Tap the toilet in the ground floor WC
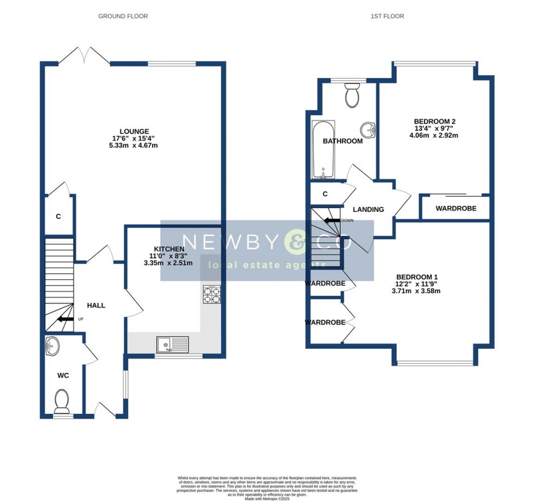click(62, 400)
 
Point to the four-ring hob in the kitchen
click(212, 294)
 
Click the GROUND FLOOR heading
click(123, 16)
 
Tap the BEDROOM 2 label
click(434, 121)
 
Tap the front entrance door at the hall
click(104, 410)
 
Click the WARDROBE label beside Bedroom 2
click(456, 208)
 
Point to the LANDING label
click(368, 209)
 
